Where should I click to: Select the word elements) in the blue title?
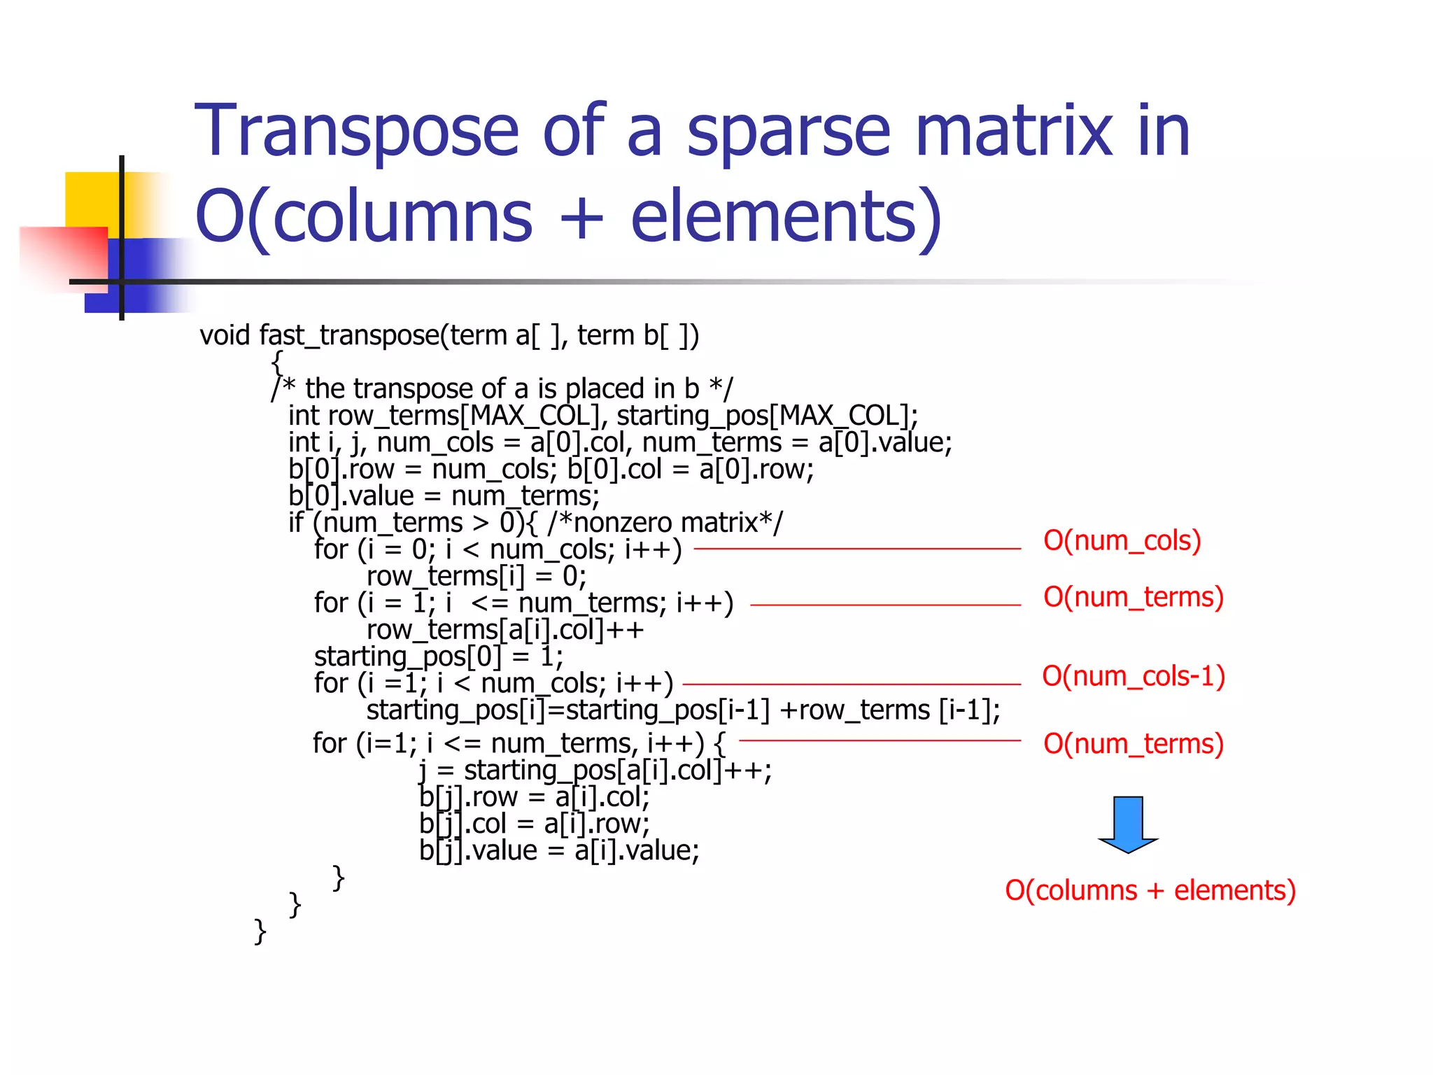pos(786,217)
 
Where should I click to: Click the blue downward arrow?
pos(1128,824)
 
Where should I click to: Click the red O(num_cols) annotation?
pos(1122,541)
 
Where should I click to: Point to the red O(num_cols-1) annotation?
pos(1134,676)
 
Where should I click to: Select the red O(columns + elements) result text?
pos(1150,890)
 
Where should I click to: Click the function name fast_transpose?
pos(349,335)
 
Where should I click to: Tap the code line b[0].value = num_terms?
pos(444,496)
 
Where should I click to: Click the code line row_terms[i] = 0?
pos(476,577)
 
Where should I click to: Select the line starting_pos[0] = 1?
pos(438,656)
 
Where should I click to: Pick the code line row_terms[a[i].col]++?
pos(504,630)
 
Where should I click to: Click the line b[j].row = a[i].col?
pos(534,797)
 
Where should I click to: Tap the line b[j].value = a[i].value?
pos(558,851)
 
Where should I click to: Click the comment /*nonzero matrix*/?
pos(665,523)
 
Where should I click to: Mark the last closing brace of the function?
pos(260,932)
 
